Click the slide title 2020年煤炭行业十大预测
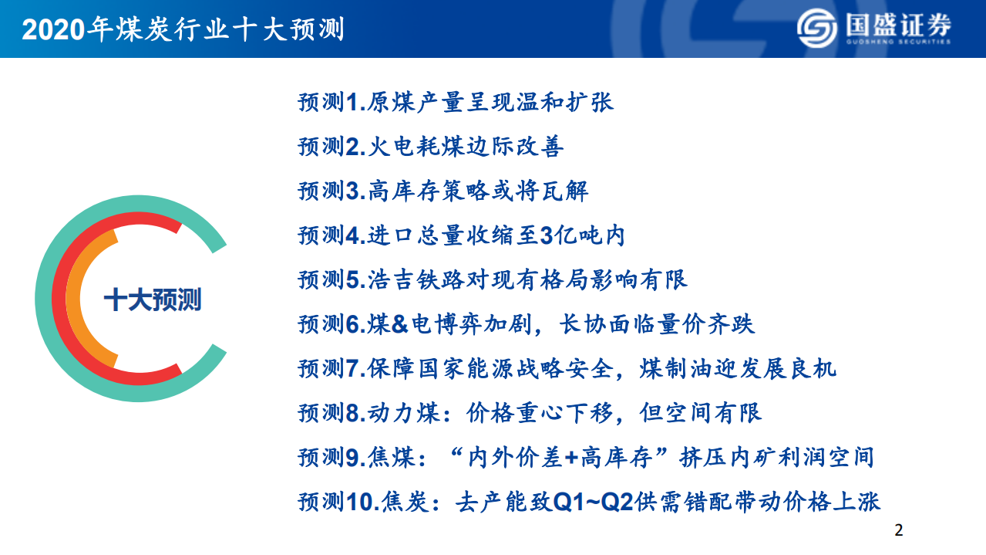pyautogui.click(x=183, y=29)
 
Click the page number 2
pyautogui.click(x=897, y=530)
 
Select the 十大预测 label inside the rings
pyautogui.click(x=153, y=299)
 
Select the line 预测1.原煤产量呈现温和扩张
pyautogui.click(x=456, y=102)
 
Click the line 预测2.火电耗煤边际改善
pyautogui.click(x=431, y=147)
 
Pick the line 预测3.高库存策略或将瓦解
pyautogui.click(x=443, y=191)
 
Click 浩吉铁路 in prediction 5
pyautogui.click(x=417, y=279)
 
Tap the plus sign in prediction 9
pyautogui.click(x=572, y=458)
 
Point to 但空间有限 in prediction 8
pyautogui.click(x=701, y=413)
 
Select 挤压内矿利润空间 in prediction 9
pyautogui.click(x=776, y=458)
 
